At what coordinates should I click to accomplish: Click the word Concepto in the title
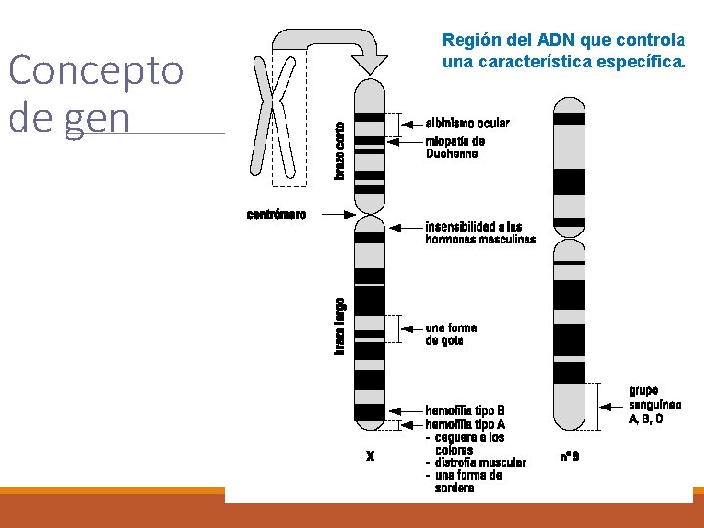pos(95,71)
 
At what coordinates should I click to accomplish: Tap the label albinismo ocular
pos(467,123)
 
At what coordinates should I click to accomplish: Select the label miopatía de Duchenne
pos(455,147)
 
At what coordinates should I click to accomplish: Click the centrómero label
pos(276,214)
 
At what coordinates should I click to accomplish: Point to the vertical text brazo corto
pos(339,149)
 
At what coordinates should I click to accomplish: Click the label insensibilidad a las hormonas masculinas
pos(480,233)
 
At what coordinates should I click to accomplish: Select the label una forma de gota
pos(451,334)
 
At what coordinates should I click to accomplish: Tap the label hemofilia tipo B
pos(464,410)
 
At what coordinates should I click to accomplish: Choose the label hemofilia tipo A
pos(464,424)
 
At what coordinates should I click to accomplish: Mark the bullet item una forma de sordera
pos(467,481)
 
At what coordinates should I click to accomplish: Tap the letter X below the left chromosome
pos(369,455)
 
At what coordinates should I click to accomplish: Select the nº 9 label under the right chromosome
pos(569,456)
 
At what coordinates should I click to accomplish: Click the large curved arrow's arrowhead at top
pos(369,64)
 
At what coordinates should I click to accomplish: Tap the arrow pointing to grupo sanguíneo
pos(612,401)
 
